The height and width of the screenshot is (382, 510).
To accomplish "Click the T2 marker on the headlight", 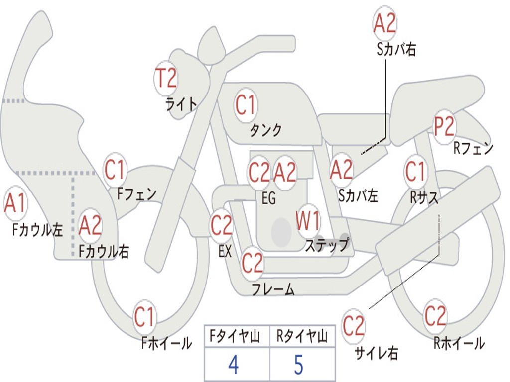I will pos(166,79).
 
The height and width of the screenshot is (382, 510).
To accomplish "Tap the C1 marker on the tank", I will pos(246,105).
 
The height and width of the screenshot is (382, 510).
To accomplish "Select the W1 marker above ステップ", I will pos(309,222).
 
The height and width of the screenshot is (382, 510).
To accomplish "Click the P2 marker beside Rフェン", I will pos(444,127).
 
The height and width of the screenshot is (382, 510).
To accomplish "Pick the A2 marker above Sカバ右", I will pos(385,23).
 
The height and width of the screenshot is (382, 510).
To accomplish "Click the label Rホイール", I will pos(459,343).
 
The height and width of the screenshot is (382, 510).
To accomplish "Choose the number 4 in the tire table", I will pos(233,365).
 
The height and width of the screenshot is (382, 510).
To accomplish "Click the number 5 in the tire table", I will pos(299,365).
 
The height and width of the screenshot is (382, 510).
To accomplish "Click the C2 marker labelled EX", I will pos(222,227).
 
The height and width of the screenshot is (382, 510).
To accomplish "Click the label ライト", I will pos(181,104).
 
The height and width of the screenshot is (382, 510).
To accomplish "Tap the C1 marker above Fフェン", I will pos(115,171).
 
